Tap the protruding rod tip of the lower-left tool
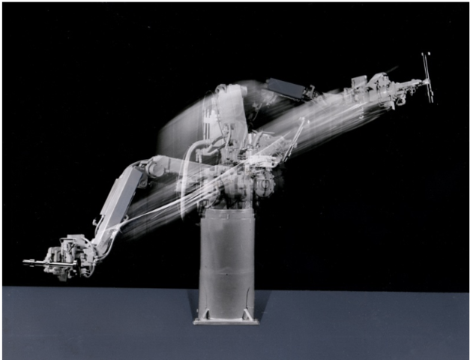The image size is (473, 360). pos(30,262)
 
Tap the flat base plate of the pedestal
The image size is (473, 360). pos(226,320)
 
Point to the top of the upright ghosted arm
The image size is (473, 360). pos(229,94)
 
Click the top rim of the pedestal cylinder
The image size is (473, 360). pos(226,211)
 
